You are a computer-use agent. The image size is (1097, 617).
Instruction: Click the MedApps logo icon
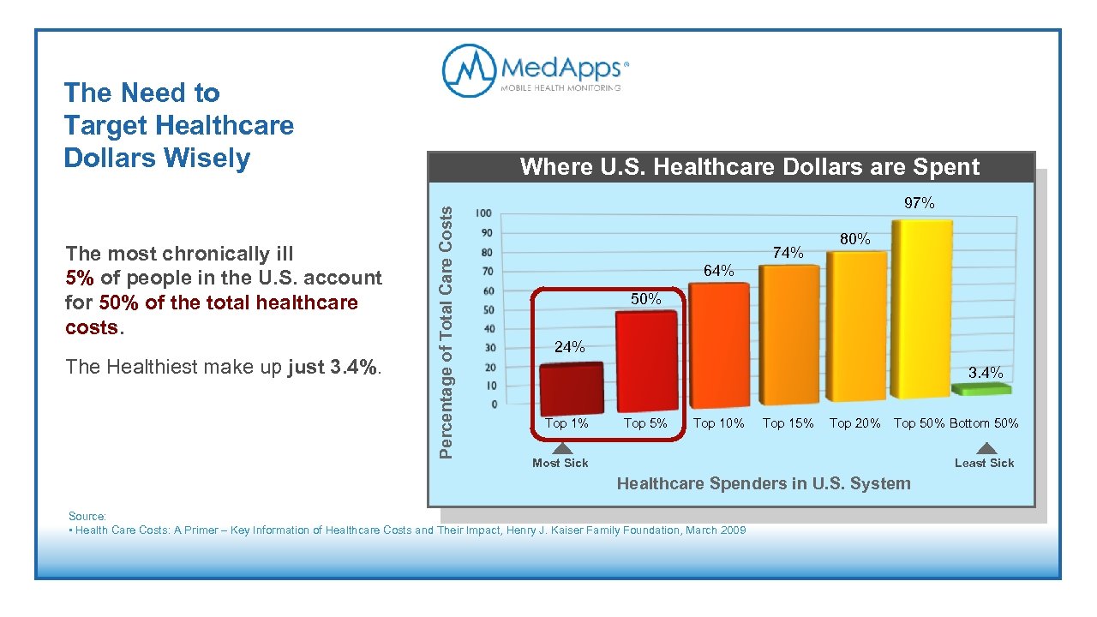point(469,70)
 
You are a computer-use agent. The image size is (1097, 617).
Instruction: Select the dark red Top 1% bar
point(571,389)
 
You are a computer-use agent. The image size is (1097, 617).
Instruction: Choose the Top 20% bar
point(854,326)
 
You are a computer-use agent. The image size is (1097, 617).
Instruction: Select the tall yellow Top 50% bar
point(921,309)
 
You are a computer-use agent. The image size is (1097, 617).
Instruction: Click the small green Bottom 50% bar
point(981,390)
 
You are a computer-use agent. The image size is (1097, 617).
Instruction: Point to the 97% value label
point(920,203)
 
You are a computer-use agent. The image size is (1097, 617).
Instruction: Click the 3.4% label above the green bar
point(986,373)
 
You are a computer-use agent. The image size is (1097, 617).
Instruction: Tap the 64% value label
point(718,271)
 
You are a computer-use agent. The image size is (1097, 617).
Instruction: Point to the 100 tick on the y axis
point(484,213)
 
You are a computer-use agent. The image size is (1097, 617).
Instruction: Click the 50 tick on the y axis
point(486,309)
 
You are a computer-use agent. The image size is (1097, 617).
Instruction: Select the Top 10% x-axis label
point(718,422)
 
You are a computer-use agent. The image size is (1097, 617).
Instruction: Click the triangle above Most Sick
point(561,448)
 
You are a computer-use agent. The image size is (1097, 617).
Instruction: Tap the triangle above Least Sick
point(986,448)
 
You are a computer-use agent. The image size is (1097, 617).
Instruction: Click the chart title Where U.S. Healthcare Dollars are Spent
point(749,167)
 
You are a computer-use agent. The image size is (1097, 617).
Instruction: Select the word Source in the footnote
point(86,516)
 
